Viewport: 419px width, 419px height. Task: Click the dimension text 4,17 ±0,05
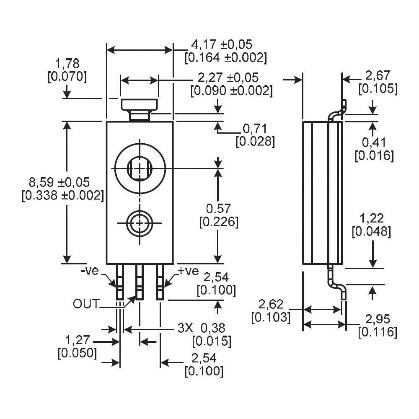(x=222, y=44)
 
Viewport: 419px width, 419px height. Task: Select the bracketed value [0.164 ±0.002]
(x=225, y=58)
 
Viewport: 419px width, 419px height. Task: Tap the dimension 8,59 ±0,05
(x=59, y=182)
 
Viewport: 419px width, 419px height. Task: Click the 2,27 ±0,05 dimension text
(x=228, y=78)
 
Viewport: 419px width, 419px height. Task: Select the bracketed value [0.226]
(x=219, y=222)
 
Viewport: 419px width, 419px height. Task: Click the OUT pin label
(x=86, y=304)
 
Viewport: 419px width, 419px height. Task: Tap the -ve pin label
(x=90, y=271)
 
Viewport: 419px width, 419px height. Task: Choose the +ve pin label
(x=188, y=271)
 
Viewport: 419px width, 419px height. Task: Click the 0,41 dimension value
(x=374, y=143)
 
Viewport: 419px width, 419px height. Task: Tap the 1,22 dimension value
(x=372, y=218)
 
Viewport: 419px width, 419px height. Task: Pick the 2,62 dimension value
(x=271, y=304)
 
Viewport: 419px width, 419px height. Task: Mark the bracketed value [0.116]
(x=378, y=332)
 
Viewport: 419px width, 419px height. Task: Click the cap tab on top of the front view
(x=139, y=105)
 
